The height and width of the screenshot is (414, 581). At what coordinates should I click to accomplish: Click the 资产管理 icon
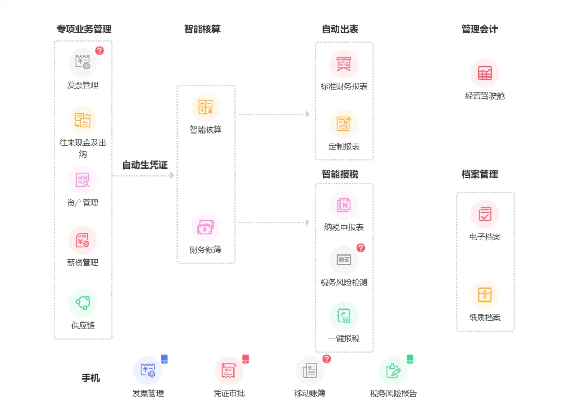[82, 180]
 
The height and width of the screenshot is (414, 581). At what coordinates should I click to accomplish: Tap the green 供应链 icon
[82, 303]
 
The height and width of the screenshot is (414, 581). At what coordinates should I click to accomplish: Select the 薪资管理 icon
[82, 240]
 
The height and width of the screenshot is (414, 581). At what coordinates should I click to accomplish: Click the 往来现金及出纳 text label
[82, 149]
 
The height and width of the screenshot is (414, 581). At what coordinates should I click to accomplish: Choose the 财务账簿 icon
[206, 227]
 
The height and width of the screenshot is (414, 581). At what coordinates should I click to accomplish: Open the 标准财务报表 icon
[344, 64]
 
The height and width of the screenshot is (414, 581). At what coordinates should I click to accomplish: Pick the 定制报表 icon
[344, 124]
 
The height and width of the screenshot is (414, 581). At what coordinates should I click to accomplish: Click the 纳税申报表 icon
[344, 205]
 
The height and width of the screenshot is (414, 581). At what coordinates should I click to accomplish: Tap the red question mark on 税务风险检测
[361, 248]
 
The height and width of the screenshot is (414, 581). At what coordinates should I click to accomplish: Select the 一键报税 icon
[344, 316]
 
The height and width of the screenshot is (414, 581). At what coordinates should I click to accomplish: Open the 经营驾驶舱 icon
[485, 73]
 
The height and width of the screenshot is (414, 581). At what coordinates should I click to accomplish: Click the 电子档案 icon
[485, 214]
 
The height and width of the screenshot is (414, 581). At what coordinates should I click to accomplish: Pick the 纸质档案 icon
[485, 295]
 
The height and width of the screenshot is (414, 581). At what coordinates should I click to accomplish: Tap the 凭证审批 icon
[229, 370]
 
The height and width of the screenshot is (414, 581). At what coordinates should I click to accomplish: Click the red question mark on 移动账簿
[327, 359]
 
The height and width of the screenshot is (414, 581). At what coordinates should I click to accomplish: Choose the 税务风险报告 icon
[393, 370]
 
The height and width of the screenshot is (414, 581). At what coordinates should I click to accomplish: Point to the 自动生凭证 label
[145, 165]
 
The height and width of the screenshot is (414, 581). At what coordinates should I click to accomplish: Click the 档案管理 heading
[479, 174]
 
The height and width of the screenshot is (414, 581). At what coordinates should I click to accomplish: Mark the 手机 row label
[91, 378]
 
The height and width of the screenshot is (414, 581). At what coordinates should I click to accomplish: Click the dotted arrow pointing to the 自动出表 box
[274, 114]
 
